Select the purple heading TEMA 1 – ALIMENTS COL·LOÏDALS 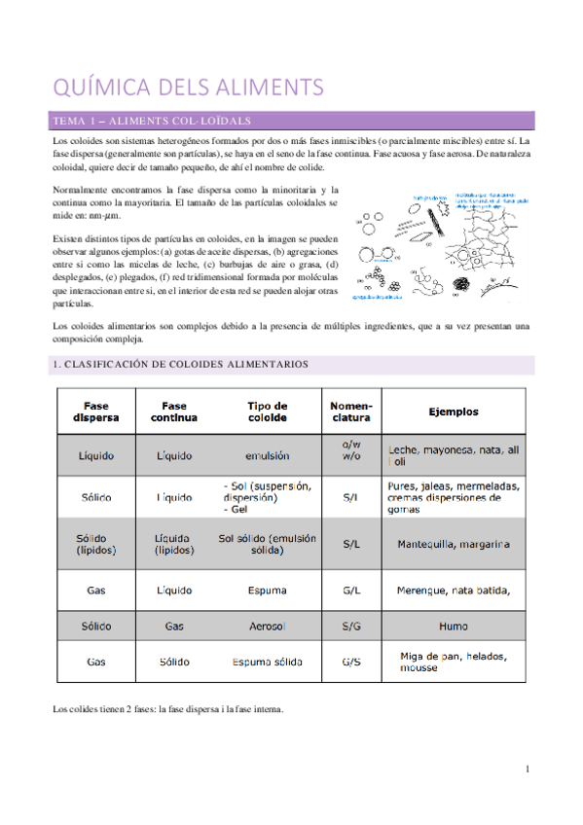coord(154,121)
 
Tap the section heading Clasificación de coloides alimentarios coord(180,364)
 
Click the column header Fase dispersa coord(95,412)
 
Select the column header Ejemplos coord(454,412)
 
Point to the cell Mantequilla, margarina coord(454,544)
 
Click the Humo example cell coord(454,627)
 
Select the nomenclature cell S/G coord(350,627)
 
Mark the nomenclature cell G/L coord(350,590)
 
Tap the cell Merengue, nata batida coord(454,590)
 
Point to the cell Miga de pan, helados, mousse coord(454,663)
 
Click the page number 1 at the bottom coord(527,769)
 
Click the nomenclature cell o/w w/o coord(350,454)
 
